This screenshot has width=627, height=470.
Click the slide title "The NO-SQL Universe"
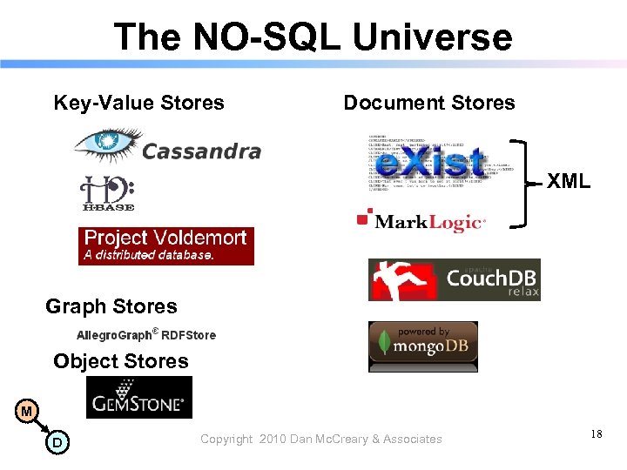point(313,37)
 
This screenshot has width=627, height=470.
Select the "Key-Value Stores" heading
point(139,103)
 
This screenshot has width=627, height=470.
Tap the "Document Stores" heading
point(429,103)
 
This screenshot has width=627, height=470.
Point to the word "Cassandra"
point(201,151)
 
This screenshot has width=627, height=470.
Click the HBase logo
point(107,193)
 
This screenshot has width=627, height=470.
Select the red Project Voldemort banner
point(166,245)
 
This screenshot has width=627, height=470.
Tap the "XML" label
point(569,182)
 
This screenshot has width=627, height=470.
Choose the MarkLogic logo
point(422,221)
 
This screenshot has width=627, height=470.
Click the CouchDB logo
point(454,279)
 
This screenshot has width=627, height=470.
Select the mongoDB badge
point(422,346)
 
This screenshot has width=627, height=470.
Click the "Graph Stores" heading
point(111,306)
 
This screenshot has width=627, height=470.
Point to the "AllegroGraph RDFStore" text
point(146,334)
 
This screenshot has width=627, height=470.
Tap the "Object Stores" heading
point(121,361)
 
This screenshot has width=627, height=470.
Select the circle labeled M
point(27,411)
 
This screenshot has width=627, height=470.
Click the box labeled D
point(57,443)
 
